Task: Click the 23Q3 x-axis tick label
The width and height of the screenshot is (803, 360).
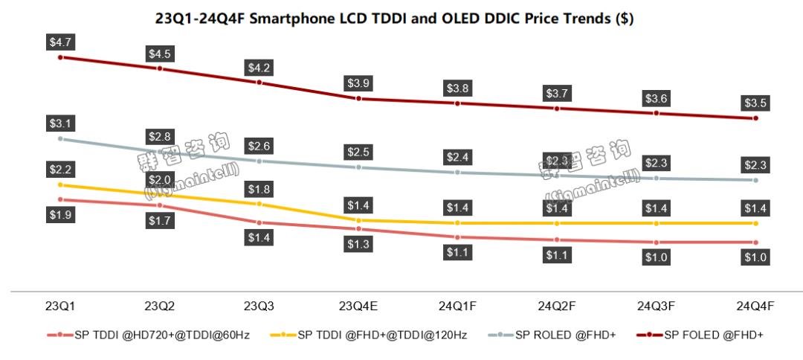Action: [x=259, y=306]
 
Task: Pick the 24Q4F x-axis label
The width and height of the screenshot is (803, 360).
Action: [x=755, y=306]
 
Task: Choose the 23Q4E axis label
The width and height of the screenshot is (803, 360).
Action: [x=358, y=306]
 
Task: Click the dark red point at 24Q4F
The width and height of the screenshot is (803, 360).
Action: [x=755, y=118]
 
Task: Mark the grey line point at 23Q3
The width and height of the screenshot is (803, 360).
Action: [x=259, y=161]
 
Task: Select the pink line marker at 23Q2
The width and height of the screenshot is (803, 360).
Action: [x=160, y=205]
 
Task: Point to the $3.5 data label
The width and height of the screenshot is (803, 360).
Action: [x=755, y=103]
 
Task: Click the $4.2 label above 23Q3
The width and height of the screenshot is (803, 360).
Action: [x=259, y=68]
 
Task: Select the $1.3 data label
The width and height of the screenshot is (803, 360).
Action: [x=358, y=244]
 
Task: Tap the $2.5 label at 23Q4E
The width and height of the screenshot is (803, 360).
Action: [x=358, y=152]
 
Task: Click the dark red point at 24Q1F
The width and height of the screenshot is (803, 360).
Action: [x=458, y=103]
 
